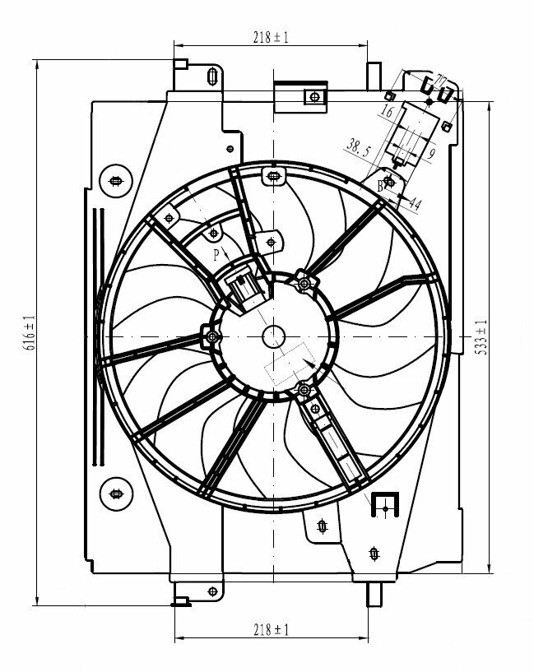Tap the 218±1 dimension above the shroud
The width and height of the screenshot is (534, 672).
[271, 37]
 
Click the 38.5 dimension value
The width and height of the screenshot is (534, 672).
[357, 148]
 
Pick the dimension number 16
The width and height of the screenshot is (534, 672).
[388, 111]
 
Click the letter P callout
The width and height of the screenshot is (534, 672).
[216, 255]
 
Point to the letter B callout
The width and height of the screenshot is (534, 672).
[380, 186]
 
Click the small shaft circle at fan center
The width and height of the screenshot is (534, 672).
[272, 336]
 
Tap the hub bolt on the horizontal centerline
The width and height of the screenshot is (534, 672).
[213, 336]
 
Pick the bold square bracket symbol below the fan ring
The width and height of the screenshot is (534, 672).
[384, 503]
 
